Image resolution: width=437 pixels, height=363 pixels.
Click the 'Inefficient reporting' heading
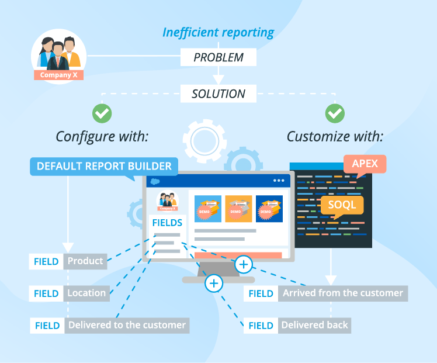coord(218,32)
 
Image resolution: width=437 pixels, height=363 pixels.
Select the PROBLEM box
coord(218,57)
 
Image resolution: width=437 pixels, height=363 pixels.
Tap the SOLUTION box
coord(218,93)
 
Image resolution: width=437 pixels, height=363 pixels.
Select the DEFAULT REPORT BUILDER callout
coord(104,166)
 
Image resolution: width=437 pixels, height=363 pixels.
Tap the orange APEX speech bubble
coord(365,164)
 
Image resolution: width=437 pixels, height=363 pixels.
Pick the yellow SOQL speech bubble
coord(342,205)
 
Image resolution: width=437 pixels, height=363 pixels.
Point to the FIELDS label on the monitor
coord(167,223)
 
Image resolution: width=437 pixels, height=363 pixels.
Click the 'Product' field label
coord(85,261)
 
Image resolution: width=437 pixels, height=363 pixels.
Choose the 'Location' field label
coord(86,293)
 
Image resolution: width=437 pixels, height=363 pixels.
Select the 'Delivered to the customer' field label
coord(127,325)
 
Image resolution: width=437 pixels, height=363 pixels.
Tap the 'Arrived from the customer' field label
coord(343,293)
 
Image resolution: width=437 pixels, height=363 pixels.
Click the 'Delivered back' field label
coord(314,325)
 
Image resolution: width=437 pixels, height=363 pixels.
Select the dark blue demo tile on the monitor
coord(269,209)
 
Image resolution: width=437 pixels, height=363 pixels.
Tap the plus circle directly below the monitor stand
coord(214,284)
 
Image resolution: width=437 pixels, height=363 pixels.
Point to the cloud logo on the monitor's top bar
coord(155,181)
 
